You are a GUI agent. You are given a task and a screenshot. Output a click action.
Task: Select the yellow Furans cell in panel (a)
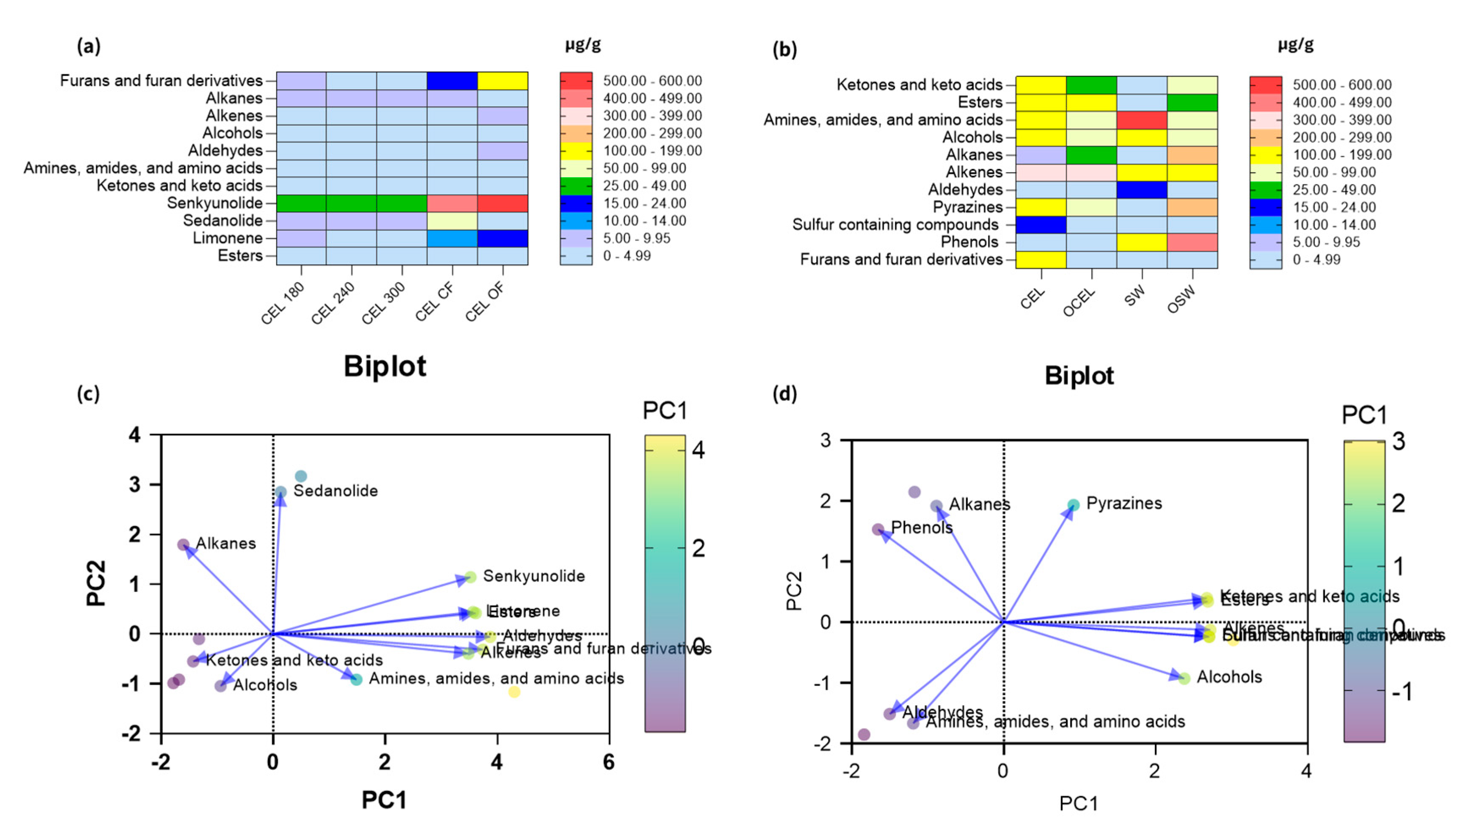(x=502, y=81)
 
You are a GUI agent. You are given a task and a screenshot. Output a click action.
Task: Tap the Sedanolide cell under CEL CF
(x=451, y=221)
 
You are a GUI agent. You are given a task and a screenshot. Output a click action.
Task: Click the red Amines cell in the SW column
(x=1141, y=120)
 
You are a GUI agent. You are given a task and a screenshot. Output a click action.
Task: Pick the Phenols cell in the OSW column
(x=1192, y=242)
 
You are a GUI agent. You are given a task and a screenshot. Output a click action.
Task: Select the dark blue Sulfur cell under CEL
(x=1040, y=224)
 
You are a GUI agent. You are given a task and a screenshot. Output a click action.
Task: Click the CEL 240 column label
(x=333, y=303)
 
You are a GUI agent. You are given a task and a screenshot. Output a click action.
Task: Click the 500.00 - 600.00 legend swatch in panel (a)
(x=575, y=81)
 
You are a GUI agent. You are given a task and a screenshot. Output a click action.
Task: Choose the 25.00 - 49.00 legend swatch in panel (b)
(x=1265, y=190)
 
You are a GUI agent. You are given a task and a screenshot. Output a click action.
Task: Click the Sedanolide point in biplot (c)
(x=281, y=492)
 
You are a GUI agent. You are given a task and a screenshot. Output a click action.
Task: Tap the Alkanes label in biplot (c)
(x=226, y=544)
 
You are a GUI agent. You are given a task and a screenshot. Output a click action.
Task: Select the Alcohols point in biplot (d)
(x=1184, y=678)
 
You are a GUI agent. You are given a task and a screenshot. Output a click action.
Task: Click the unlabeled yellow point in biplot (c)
(x=514, y=692)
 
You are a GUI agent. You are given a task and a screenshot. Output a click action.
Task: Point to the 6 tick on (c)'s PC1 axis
(x=608, y=762)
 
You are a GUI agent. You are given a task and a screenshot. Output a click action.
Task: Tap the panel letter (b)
(x=784, y=50)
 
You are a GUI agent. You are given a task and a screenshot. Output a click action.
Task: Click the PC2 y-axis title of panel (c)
(x=96, y=583)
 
